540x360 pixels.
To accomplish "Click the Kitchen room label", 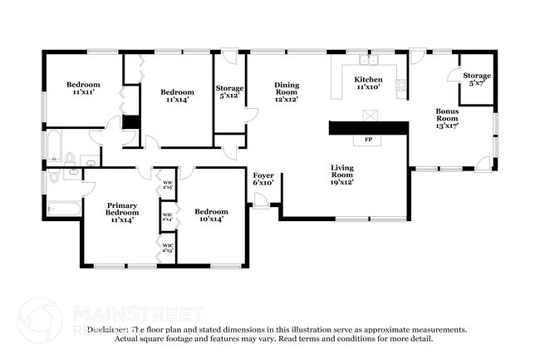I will point(368,83).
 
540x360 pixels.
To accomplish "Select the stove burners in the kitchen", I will point(401,84).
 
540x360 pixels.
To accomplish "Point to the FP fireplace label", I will point(368,140).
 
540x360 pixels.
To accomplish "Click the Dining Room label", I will point(286,90).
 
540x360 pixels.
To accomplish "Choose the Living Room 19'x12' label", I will point(342,172).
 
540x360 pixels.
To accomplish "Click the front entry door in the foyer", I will point(264,200).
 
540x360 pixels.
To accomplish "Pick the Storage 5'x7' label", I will point(477,79).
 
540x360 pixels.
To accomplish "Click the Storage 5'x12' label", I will point(229,91).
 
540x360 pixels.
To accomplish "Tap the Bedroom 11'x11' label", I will point(83,88).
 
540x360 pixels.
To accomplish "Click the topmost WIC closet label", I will point(167,185).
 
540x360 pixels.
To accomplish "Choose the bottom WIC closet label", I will point(167,247).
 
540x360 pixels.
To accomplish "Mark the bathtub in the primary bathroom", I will point(64,208).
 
